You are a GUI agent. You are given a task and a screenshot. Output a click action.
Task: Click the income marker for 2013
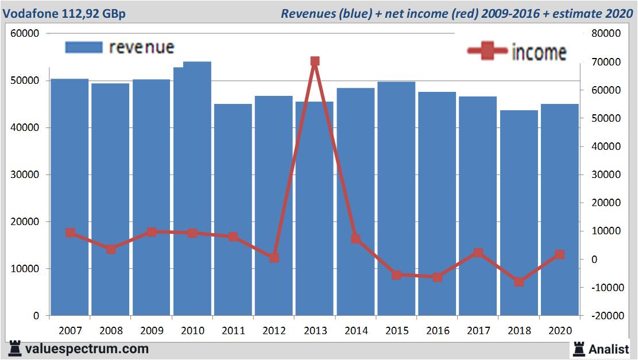click(315, 61)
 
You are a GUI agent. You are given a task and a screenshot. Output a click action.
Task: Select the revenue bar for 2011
click(233, 210)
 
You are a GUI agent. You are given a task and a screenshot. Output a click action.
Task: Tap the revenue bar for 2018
click(519, 212)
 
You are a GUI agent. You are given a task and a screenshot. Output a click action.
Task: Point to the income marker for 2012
click(274, 258)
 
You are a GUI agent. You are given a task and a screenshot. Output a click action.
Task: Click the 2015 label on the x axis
click(397, 331)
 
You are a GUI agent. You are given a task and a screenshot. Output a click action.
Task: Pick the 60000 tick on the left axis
click(25, 33)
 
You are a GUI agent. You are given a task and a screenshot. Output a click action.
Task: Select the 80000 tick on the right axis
click(606, 33)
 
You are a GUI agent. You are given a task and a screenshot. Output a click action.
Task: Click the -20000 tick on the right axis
click(604, 316)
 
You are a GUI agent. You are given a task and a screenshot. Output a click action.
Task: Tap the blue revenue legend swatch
click(83, 47)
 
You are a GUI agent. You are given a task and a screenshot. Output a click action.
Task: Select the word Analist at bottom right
click(609, 349)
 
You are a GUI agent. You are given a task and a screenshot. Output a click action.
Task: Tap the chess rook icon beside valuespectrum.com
click(14, 348)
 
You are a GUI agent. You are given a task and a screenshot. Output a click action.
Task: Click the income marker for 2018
click(519, 282)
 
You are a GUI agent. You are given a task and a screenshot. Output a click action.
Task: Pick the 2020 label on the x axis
click(560, 331)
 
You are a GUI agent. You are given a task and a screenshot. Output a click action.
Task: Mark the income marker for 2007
click(70, 233)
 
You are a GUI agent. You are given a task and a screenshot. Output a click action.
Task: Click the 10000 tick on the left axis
click(25, 269)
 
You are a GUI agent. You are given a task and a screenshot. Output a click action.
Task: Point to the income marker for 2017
click(478, 253)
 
